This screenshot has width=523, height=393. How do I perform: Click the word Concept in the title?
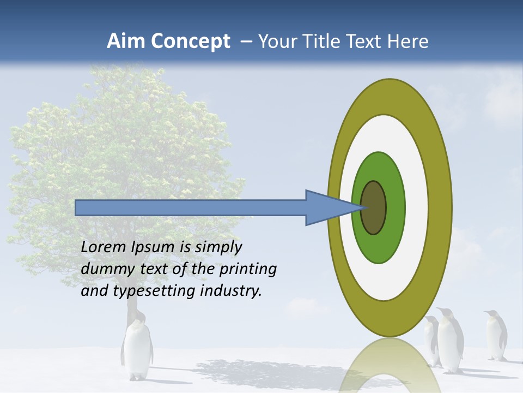pyautogui.click(x=188, y=41)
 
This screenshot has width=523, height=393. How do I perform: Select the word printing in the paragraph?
pyautogui.click(x=247, y=269)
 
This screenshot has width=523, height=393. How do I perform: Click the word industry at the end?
pyautogui.click(x=231, y=290)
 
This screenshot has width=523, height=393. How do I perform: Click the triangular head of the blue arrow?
pyautogui.click(x=327, y=208)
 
